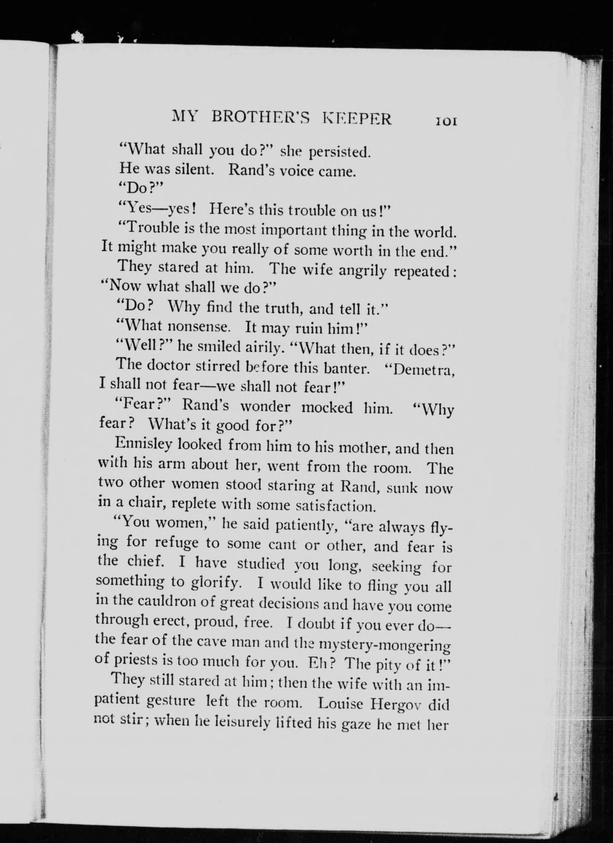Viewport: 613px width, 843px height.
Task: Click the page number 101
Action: tap(446, 121)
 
